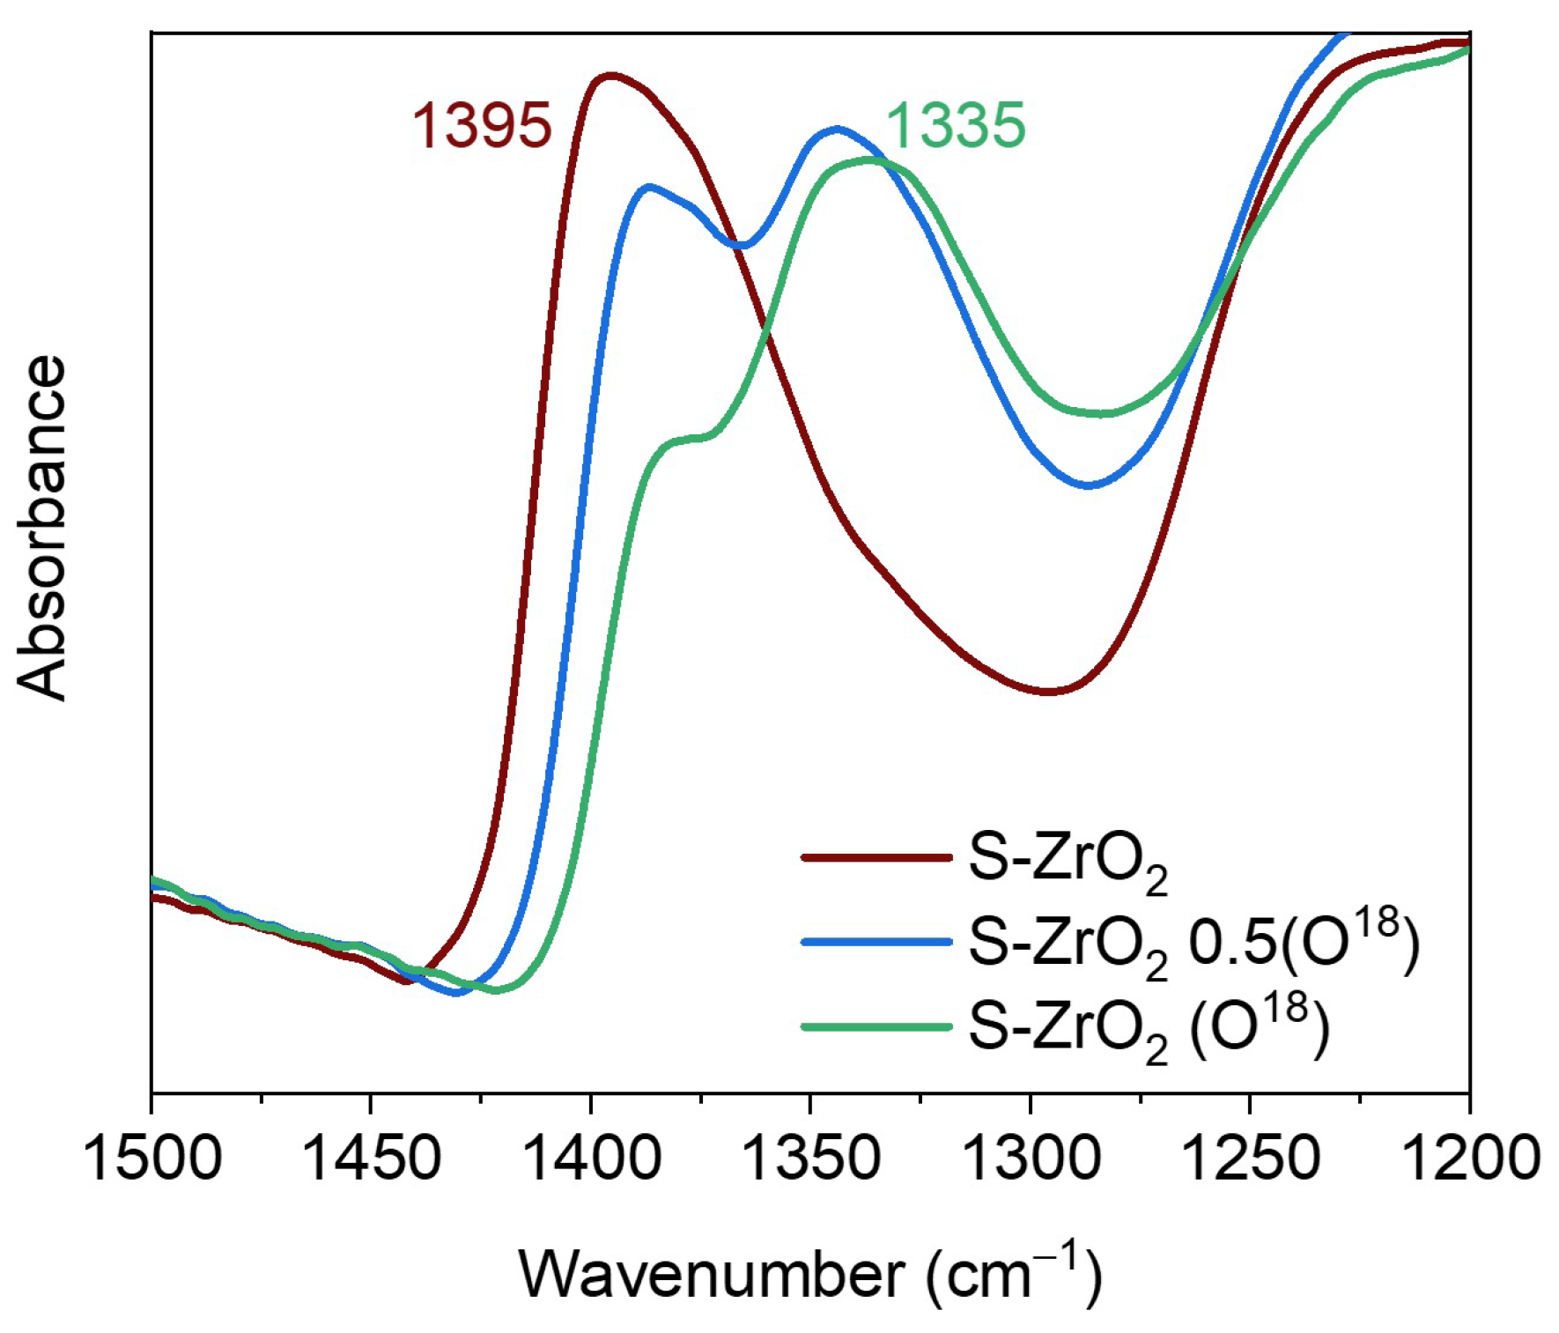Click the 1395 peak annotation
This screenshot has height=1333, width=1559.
[482, 125]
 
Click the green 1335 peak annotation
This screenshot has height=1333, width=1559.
[956, 125]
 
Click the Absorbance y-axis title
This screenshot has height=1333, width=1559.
[42, 529]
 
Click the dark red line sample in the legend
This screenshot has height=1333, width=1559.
[876, 856]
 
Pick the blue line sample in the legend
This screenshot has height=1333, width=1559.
[876, 942]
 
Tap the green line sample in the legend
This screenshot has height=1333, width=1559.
[876, 1026]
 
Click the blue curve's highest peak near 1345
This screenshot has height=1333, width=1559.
[837, 129]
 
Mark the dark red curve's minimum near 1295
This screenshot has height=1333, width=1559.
[1048, 692]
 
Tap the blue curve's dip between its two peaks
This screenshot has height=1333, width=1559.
[743, 245]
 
